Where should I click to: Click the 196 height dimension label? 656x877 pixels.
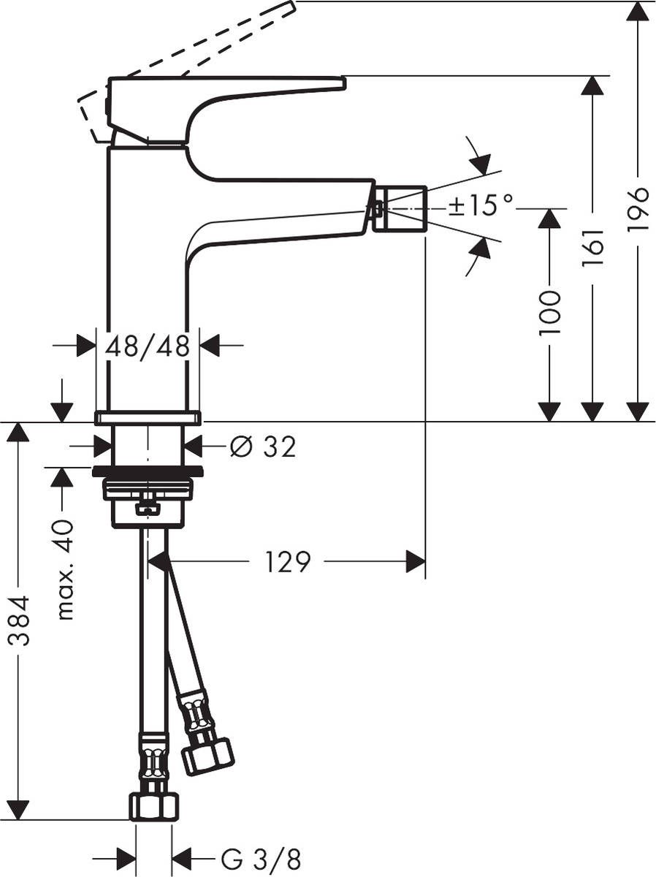pos(638,210)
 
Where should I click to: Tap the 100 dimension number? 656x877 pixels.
pos(549,313)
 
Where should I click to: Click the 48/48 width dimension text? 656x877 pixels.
pos(148,346)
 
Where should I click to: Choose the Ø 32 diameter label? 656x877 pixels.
pos(263,447)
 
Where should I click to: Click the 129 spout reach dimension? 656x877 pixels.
pos(287,562)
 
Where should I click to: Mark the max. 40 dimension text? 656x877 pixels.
pos(65,570)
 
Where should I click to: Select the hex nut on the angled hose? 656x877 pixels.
pos(207,755)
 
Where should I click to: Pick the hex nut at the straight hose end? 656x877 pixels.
pos(153,805)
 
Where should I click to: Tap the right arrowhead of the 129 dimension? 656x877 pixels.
pos(416,562)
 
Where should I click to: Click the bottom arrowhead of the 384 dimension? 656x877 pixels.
pos(19,810)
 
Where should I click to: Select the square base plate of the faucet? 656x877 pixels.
pos(148,417)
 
